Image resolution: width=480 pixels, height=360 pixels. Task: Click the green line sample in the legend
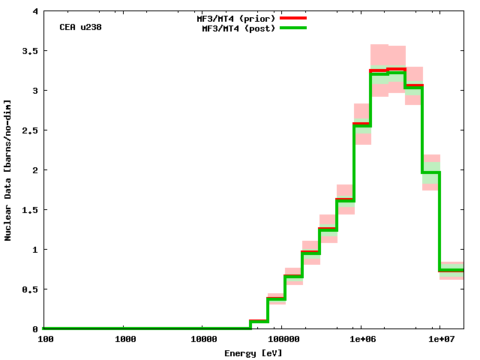(x=293, y=28)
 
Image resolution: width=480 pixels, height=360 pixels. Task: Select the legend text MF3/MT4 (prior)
(x=232, y=17)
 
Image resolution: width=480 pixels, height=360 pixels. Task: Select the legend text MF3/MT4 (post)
(x=234, y=28)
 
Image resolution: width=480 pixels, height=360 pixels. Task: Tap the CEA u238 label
(x=81, y=27)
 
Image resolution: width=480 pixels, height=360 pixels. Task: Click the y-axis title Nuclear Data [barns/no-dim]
(x=8, y=170)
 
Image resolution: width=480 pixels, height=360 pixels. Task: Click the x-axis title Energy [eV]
(x=253, y=352)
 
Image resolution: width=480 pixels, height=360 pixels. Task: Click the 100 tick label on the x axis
(x=44, y=339)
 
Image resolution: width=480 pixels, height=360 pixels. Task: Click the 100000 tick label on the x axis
(x=281, y=339)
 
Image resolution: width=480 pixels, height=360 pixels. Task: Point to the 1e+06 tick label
(x=362, y=339)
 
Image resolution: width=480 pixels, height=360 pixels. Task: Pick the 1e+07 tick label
(x=441, y=339)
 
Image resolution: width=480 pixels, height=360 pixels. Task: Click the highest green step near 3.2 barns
(x=396, y=72)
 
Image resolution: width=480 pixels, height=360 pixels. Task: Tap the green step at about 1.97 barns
(x=430, y=172)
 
